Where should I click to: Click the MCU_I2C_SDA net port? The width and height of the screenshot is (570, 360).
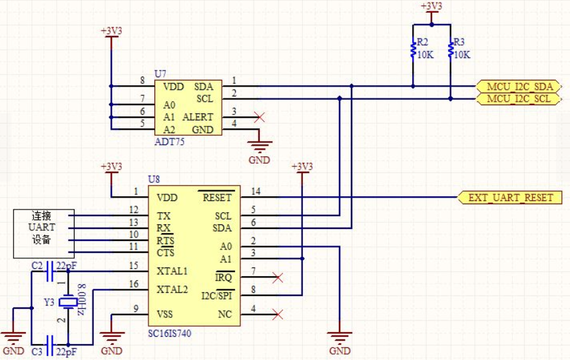coord(518,87)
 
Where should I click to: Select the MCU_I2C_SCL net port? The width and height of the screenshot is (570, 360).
coord(518,98)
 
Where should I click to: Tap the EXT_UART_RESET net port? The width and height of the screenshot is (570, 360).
coord(509,198)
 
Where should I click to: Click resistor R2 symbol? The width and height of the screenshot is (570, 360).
coord(413,50)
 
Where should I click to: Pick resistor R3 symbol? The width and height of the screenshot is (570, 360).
coord(451,50)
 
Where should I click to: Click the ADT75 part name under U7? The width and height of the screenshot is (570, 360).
coord(169,142)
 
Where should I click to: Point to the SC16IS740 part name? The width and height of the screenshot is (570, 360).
coord(169,333)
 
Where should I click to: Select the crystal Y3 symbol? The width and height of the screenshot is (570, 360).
coord(68,302)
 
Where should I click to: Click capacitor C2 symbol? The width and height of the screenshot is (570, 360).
coord(51,271)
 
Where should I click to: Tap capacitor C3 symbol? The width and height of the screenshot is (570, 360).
coord(51,345)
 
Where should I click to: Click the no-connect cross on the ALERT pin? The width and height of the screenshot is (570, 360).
coord(259,117)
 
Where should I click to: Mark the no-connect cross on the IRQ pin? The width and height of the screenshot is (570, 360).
coord(278,278)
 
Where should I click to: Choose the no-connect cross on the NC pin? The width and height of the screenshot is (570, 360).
coord(278,315)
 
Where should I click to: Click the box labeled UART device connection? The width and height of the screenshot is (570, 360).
coord(44,234)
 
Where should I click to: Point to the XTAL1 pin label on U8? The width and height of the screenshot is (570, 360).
coord(172,271)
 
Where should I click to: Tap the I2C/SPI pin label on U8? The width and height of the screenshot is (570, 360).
coord(217,295)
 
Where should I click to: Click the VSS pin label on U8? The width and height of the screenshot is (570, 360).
coord(164,314)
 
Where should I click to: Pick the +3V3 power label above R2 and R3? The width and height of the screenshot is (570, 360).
coord(431,6)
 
